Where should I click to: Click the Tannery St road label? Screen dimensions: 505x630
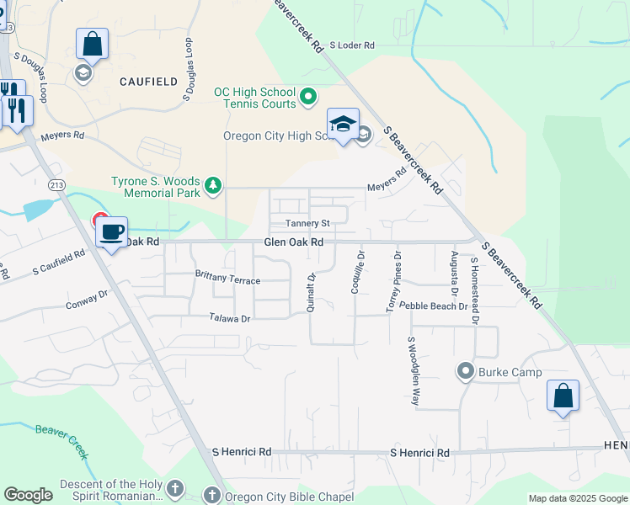tap(307, 224)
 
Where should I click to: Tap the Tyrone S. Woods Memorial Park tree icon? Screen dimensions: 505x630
tap(214, 184)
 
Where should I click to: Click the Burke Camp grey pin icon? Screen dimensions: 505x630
tap(464, 371)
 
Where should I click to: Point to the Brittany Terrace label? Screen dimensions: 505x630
tap(227, 277)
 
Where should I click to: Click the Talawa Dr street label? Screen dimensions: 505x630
tap(230, 318)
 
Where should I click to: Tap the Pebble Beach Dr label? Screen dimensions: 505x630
tap(433, 306)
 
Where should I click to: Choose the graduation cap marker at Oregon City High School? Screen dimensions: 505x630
tap(343, 124)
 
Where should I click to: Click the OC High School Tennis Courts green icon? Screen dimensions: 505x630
tap(308, 97)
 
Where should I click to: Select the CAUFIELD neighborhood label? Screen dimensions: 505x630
tap(148, 82)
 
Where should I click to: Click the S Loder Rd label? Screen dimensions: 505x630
tap(351, 45)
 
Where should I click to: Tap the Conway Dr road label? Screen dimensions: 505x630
tap(88, 300)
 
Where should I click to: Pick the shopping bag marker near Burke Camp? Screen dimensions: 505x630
tap(563, 396)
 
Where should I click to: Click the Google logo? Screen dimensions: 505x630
tap(29, 495)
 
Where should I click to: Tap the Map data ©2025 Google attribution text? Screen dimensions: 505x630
tap(577, 498)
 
